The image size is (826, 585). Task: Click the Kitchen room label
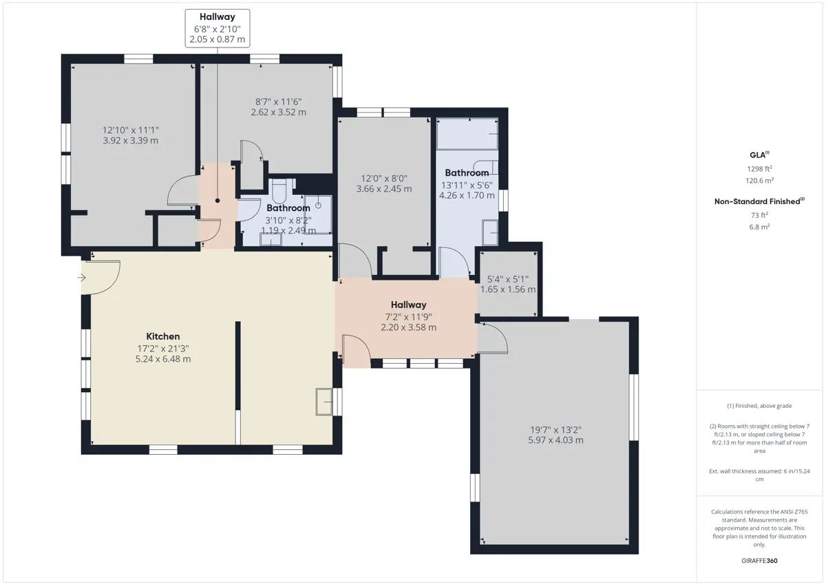point(163,336)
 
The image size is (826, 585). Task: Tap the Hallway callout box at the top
point(218,28)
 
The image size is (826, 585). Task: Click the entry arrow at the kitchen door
point(81,278)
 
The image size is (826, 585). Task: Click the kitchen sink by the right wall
point(324,402)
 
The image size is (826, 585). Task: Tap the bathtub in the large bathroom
point(467,134)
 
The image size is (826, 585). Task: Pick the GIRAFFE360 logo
point(759,561)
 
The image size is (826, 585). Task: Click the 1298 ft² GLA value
point(760,169)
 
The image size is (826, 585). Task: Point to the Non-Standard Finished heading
point(759,201)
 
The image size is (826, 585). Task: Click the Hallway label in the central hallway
point(409,305)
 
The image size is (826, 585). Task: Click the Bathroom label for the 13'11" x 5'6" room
point(467,173)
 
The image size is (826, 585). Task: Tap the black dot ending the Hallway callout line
point(218,201)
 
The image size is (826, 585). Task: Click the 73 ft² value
point(759,215)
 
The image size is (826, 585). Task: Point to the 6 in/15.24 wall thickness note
point(759,475)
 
